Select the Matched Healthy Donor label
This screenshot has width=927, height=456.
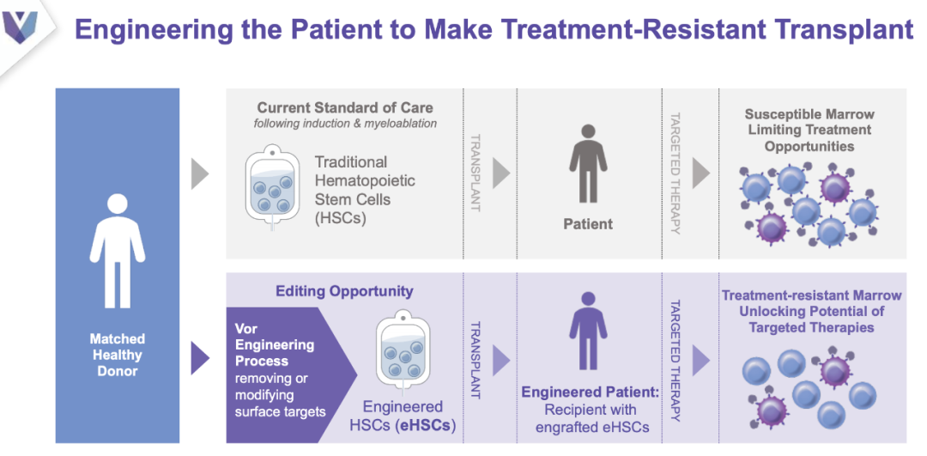pos(117,356)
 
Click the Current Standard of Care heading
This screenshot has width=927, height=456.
pos(345,108)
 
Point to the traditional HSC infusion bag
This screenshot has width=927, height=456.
pos(272,185)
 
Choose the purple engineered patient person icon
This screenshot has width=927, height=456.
pos(588,331)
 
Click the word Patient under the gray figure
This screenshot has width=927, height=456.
pos(588,224)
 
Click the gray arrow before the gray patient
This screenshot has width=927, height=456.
pos(500,173)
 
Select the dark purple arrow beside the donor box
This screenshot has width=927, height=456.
pos(200,359)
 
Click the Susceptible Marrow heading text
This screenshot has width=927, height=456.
pos(809,130)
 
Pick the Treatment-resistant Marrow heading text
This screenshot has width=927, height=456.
pos(812,311)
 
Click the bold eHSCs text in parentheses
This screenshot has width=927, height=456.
pos(425,426)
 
